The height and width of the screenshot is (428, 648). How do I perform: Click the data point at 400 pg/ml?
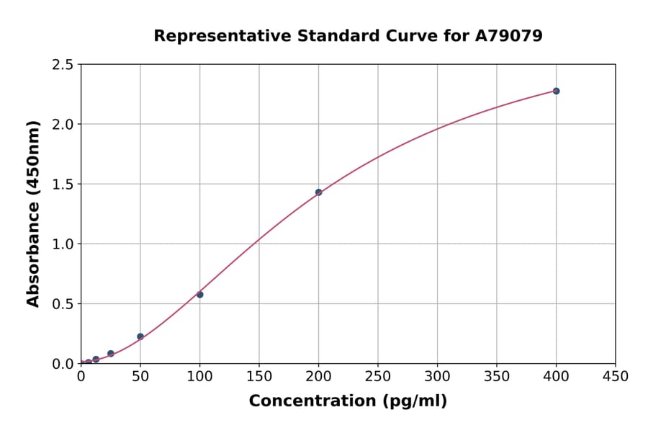pos(556,91)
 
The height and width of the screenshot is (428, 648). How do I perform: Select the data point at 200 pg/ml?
pos(318,192)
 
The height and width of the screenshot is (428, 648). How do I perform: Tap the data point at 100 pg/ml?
pos(200,295)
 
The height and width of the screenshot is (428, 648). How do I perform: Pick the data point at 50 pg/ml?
pos(140,336)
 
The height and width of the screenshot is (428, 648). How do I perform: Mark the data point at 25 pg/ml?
pos(111,354)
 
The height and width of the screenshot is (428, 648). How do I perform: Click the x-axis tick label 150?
pos(259,376)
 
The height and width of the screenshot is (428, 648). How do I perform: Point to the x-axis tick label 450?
pos(616,376)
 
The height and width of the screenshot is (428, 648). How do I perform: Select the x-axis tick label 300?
pos(437,376)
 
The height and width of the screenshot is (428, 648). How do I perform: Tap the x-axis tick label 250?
pos(378,376)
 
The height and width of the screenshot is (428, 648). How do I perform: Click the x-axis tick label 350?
pos(497,376)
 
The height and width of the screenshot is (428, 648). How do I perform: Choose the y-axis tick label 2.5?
pos(63,65)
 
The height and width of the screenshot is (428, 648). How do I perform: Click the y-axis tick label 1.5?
pos(63,184)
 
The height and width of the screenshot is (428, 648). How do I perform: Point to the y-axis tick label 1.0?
pos(63,244)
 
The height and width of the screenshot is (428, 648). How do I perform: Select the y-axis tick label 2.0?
pos(63,125)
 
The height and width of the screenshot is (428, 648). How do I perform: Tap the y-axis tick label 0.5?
pos(63,304)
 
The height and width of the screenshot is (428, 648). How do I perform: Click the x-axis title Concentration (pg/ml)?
pos(348,401)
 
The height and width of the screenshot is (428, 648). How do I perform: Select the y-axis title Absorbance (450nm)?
pos(33,214)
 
